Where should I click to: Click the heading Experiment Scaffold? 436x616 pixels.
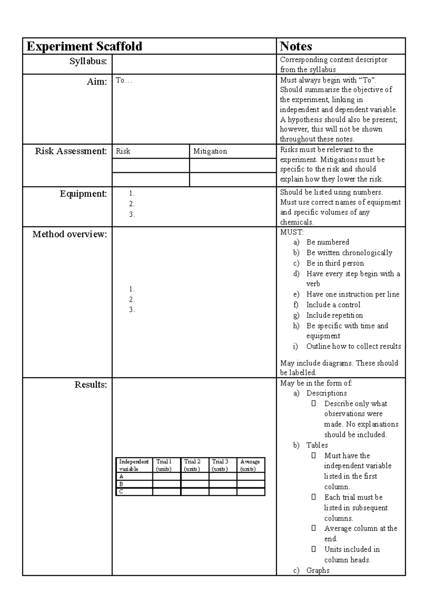coord(84,46)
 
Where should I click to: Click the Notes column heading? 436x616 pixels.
coord(296,46)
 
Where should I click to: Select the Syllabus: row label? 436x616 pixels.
coord(88,61)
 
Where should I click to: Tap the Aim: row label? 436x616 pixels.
coord(97,82)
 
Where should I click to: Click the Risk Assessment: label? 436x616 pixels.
coord(71,151)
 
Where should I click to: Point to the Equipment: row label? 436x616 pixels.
coord(83,194)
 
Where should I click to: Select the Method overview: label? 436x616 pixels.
coord(70,234)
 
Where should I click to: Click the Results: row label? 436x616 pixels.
coord(90,385)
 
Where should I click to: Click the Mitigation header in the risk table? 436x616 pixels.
coord(210,151)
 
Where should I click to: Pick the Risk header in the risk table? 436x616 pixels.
coord(123,151)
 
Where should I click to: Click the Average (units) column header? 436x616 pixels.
coord(250,465)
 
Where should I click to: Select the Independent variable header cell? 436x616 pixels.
coord(134,465)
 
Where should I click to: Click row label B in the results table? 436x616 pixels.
coord(121,484)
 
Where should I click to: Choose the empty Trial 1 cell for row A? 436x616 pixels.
coord(166,476)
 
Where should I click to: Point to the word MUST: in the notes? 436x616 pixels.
coord(292,232)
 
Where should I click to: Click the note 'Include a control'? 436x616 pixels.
coord(333,305)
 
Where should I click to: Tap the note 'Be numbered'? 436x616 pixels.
coord(327,242)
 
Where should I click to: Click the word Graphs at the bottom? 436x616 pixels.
coord(318,570)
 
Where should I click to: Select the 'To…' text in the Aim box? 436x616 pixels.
coord(124,81)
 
